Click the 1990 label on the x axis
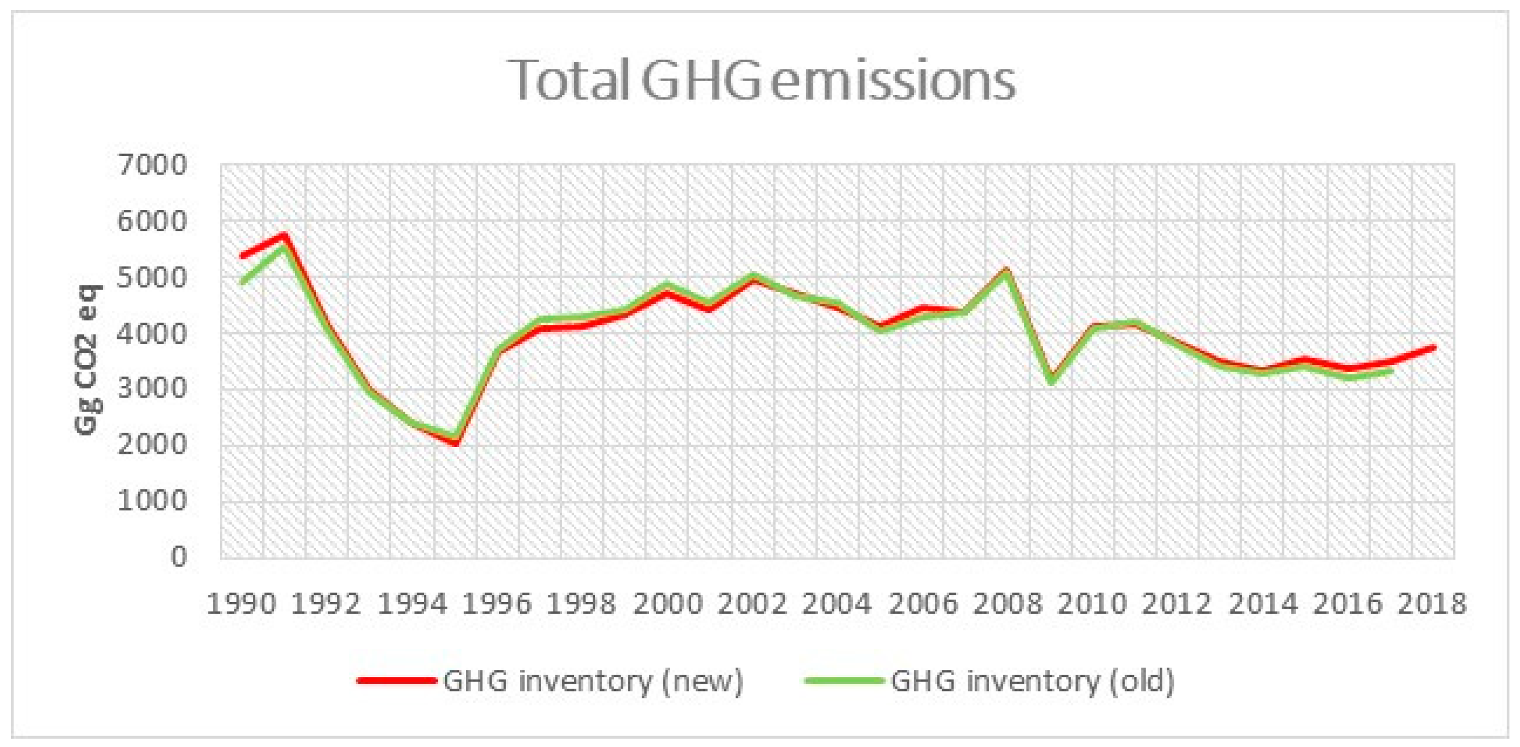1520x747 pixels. click(x=241, y=604)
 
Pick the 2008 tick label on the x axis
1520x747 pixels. click(x=1007, y=604)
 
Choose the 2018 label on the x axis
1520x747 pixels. click(x=1432, y=604)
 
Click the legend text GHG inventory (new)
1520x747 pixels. click(x=593, y=680)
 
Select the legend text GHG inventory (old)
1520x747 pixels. click(x=1033, y=680)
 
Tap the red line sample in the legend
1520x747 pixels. click(x=397, y=680)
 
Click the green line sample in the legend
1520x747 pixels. click(x=844, y=680)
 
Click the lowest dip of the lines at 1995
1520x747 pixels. click(x=456, y=442)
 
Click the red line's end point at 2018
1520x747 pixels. click(x=1433, y=348)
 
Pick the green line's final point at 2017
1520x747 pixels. click(x=1391, y=371)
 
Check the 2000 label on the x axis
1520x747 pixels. click(x=667, y=604)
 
